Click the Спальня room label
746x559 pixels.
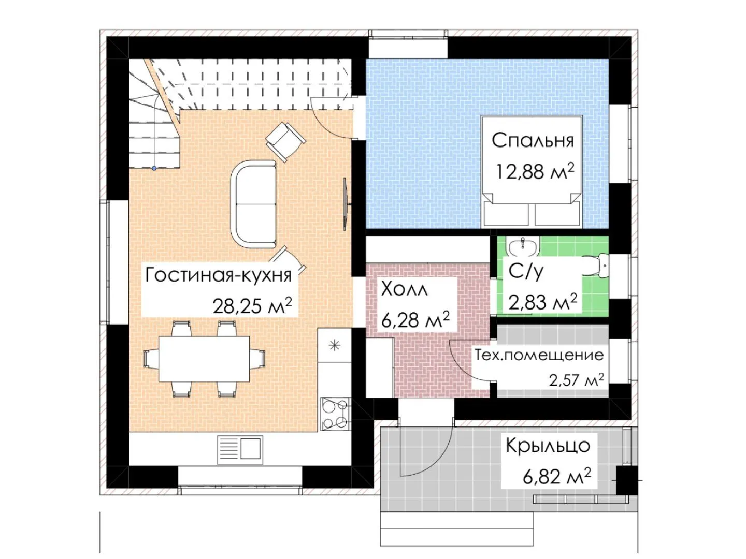pyautogui.click(x=533, y=140)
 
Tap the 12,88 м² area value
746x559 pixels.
pyautogui.click(x=535, y=171)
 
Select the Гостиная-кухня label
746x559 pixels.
pyautogui.click(x=219, y=274)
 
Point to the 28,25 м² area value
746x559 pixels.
pyautogui.click(x=252, y=305)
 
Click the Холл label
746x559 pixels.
pyautogui.click(x=404, y=289)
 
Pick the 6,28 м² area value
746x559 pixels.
pyautogui.click(x=415, y=319)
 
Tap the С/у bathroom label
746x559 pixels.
pyautogui.click(x=526, y=271)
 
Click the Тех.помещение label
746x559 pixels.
pyautogui.click(x=539, y=356)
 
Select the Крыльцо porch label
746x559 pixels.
pyautogui.click(x=548, y=446)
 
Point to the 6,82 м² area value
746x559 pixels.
pyautogui.click(x=557, y=476)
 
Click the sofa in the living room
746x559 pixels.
pyautogui.click(x=253, y=204)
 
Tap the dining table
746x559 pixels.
pyautogui.click(x=204, y=359)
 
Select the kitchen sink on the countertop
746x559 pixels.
pyautogui.click(x=240, y=450)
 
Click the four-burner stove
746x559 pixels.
pyautogui.click(x=335, y=414)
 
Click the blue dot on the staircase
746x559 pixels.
pyautogui.click(x=154, y=168)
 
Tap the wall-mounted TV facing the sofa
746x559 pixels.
pyautogui.click(x=346, y=204)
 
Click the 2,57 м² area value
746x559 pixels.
pyautogui.click(x=577, y=380)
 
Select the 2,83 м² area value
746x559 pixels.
pyautogui.click(x=543, y=302)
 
